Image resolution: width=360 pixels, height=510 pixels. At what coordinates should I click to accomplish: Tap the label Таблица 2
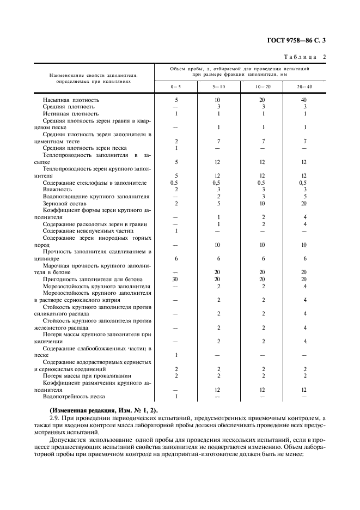tap(303, 57)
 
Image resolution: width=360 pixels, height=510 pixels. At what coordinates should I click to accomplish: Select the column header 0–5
tap(176, 87)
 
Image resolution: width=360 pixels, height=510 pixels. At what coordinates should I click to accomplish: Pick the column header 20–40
tap(305, 87)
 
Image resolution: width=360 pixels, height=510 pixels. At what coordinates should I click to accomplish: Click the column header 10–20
tap(263, 87)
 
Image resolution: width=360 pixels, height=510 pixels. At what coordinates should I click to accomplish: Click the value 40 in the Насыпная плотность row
tap(305, 100)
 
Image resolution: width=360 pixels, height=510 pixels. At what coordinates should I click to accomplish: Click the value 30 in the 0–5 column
tap(176, 278)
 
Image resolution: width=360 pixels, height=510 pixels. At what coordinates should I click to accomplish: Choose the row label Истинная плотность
tap(71, 114)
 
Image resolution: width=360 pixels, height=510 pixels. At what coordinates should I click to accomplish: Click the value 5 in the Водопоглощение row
tap(305, 196)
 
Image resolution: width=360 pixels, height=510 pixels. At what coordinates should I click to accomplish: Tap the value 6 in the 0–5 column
tap(176, 258)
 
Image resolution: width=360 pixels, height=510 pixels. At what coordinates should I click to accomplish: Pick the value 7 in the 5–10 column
tap(218, 141)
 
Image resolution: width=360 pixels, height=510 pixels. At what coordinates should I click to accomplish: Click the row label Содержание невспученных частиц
tap(87, 230)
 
